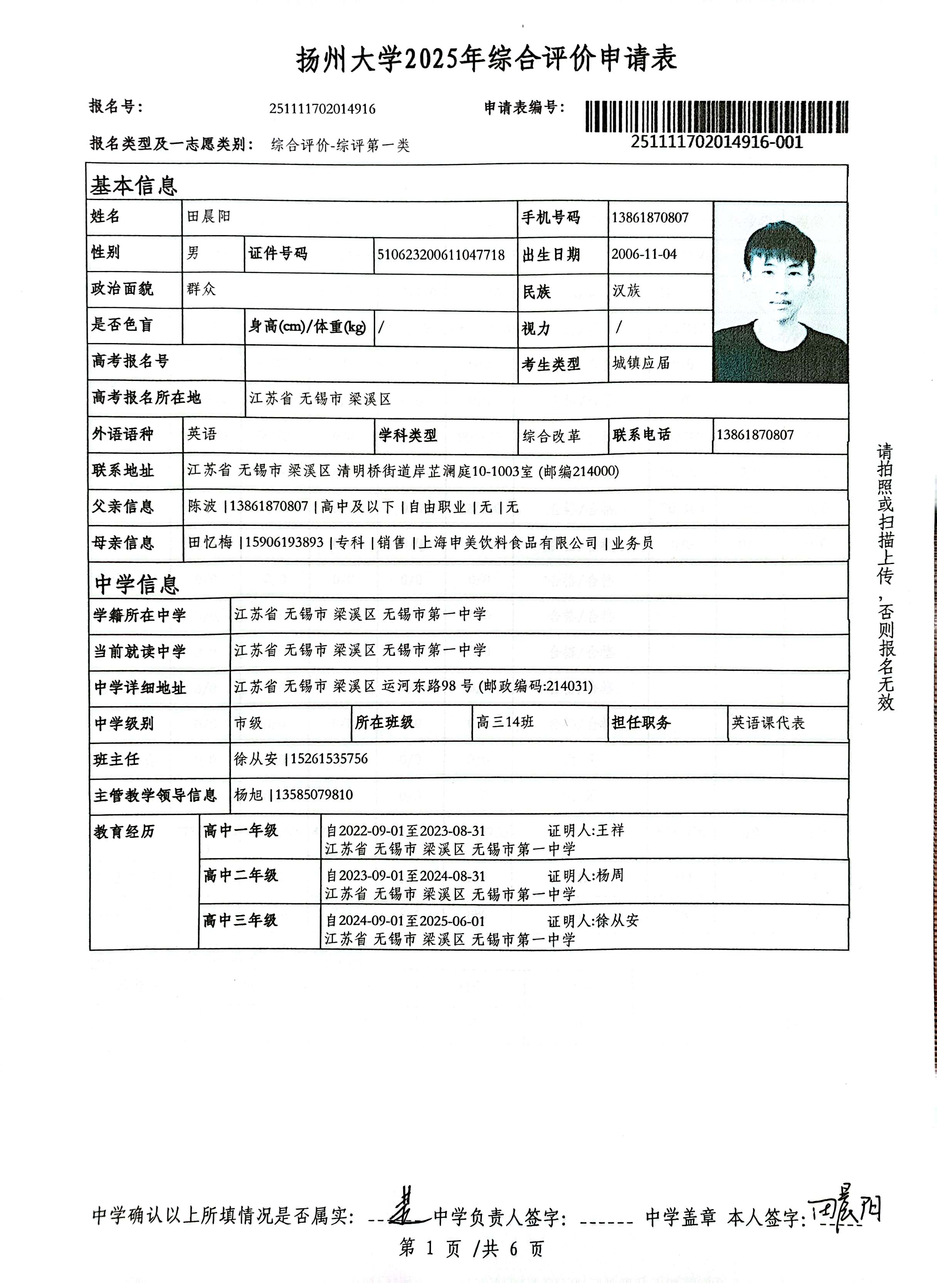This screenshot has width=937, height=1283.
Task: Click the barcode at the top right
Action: [x=717, y=116]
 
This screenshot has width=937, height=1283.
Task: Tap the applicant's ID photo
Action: [x=781, y=293]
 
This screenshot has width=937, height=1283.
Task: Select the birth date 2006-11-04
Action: [x=644, y=254]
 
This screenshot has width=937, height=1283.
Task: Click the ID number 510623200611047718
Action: [x=441, y=255]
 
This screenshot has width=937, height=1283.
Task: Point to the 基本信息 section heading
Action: [x=134, y=185]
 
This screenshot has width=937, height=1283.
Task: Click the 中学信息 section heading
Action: [x=137, y=584]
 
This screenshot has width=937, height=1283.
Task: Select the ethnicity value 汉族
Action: [x=626, y=291]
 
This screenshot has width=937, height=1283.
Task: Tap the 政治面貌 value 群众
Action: [x=201, y=289]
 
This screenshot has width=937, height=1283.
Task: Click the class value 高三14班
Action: [x=505, y=722]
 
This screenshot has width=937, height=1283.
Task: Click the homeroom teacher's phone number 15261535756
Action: [x=330, y=759]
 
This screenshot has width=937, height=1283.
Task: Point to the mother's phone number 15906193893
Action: [x=285, y=543]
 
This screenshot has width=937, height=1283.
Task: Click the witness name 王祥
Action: [x=610, y=830]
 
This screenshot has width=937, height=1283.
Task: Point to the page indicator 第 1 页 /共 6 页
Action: [x=471, y=1248]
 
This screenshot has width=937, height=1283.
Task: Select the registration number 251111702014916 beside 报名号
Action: [x=322, y=109]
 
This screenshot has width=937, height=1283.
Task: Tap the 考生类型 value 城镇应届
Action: [x=641, y=363]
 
